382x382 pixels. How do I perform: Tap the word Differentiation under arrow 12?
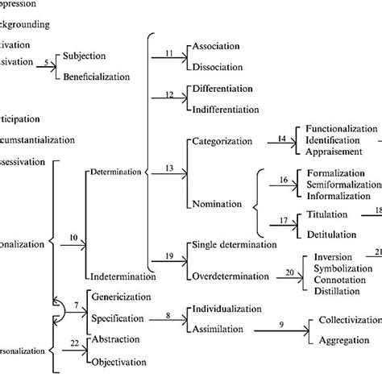(226, 88)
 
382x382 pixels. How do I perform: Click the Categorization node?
(225, 143)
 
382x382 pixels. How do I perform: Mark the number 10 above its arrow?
(73, 237)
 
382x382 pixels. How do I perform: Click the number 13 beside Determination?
(169, 167)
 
